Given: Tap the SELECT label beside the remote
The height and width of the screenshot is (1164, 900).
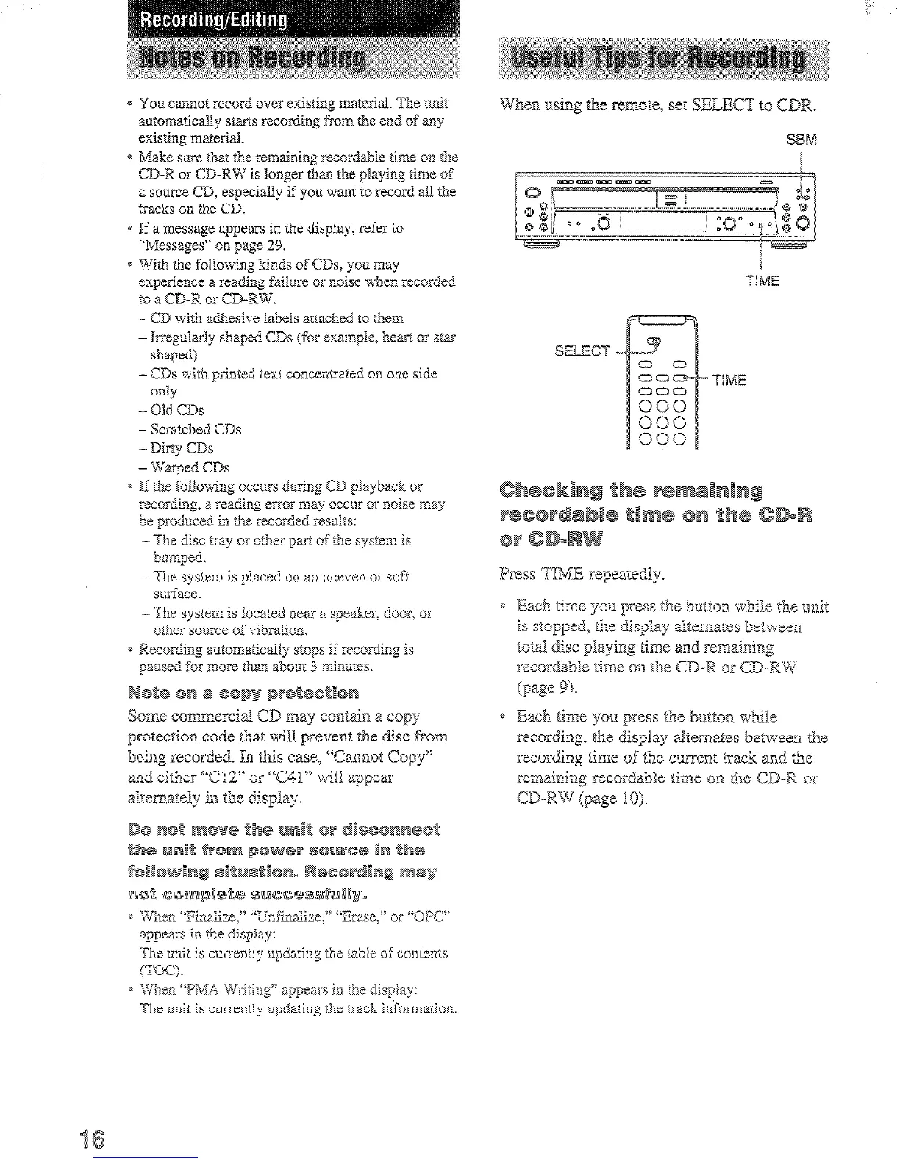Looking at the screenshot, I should tap(582, 351).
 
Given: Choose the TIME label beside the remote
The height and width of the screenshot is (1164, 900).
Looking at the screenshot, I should tap(729, 380).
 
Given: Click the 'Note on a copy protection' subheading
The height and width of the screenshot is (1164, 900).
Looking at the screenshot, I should tap(243, 693).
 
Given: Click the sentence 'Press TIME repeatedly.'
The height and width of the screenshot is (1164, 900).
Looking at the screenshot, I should tap(581, 574).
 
